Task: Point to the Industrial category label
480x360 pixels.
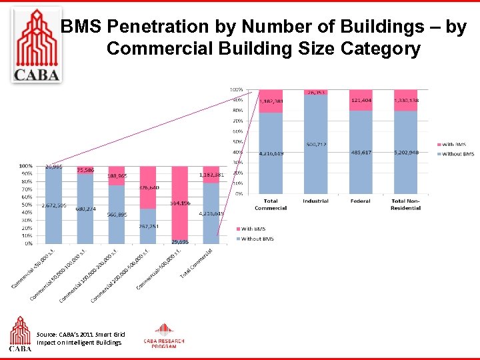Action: pos(315,201)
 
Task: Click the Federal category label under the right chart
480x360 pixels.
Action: pos(360,201)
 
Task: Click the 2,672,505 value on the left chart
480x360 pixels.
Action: pos(53,205)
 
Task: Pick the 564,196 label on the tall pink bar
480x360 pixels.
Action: pos(180,203)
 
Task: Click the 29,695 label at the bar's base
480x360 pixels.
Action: pos(180,241)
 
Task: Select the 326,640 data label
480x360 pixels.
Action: pos(149,188)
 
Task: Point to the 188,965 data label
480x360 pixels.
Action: pos(117,177)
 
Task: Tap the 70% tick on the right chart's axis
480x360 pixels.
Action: pos(237,121)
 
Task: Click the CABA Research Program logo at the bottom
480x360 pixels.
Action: pos(164,337)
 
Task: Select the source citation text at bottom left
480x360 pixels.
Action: pos(80,338)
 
